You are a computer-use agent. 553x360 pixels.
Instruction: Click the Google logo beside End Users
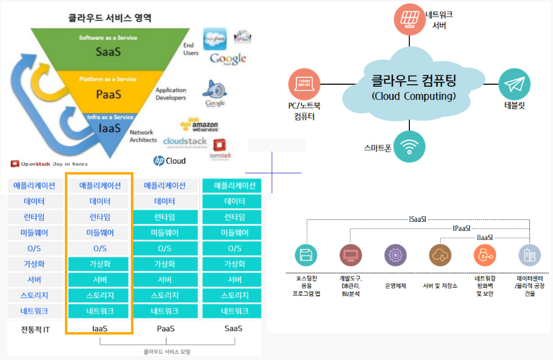click(228, 59)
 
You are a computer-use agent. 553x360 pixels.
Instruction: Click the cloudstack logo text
click(185, 142)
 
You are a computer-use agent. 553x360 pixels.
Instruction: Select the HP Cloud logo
click(169, 161)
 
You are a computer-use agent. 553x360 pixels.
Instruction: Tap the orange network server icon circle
click(409, 19)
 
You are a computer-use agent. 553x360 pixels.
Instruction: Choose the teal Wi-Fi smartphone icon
click(409, 147)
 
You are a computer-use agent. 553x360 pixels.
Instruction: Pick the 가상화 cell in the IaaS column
click(100, 264)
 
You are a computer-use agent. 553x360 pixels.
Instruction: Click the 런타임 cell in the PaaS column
click(165, 217)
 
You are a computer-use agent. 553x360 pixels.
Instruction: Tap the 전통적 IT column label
click(35, 328)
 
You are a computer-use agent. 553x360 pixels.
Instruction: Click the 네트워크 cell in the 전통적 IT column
click(35, 312)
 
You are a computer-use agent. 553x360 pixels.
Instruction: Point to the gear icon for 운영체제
click(395, 255)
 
